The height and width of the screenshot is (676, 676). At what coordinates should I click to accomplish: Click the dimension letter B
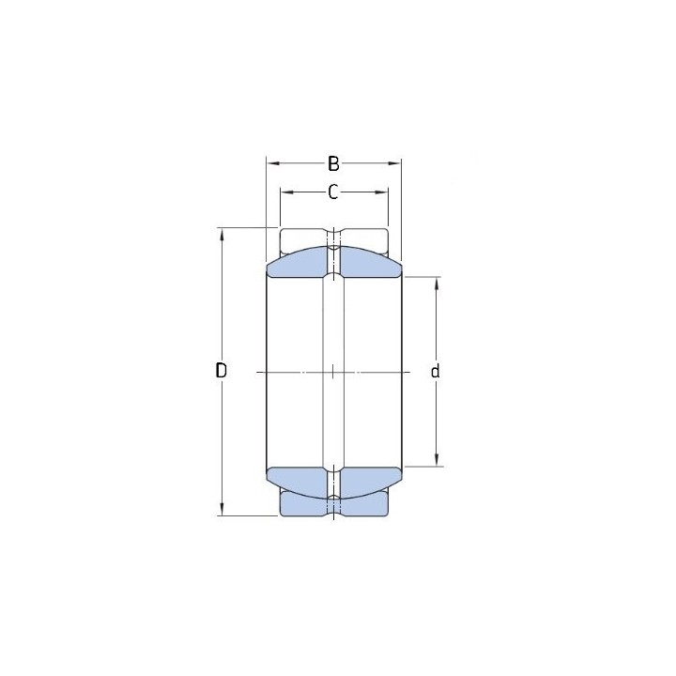pos(333,163)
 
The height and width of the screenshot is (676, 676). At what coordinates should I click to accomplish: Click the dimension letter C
pos(332,192)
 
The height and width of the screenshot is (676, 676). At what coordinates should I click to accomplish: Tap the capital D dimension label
pos(222,370)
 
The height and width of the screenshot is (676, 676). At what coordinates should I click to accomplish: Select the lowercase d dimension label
pos(436,371)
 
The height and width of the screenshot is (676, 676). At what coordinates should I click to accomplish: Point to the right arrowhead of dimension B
pos(395,163)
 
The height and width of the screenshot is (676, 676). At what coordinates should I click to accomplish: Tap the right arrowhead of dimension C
pos(381,192)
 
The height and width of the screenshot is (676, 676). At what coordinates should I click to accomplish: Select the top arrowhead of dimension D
pos(222,235)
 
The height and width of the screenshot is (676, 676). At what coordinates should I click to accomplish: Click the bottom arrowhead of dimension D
pos(222,509)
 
